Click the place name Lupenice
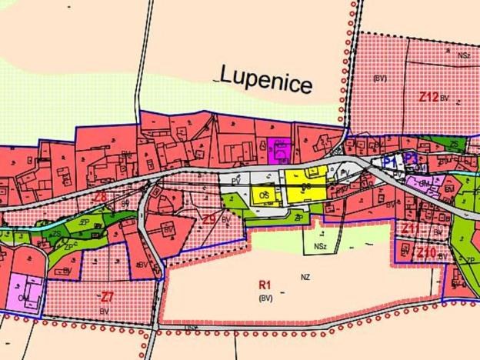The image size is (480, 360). pyautogui.click(x=266, y=78)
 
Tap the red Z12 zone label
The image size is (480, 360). pyautogui.click(x=428, y=98)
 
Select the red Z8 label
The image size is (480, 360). pyautogui.click(x=99, y=197)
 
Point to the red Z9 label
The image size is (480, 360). pyautogui.click(x=209, y=219)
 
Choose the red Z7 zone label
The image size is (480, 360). pyautogui.click(x=107, y=296)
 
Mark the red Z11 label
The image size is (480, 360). pyautogui.click(x=409, y=228)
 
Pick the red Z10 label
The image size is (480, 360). pyautogui.click(x=426, y=252)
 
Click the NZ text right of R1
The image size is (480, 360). pyautogui.click(x=305, y=276)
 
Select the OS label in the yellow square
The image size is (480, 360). pyautogui.click(x=264, y=194)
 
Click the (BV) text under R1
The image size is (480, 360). pyautogui.click(x=266, y=297)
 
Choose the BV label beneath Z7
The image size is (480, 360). pyautogui.click(x=104, y=309)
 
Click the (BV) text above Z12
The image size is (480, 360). pyautogui.click(x=379, y=78)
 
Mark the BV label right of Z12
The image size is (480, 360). pyautogui.click(x=445, y=99)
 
